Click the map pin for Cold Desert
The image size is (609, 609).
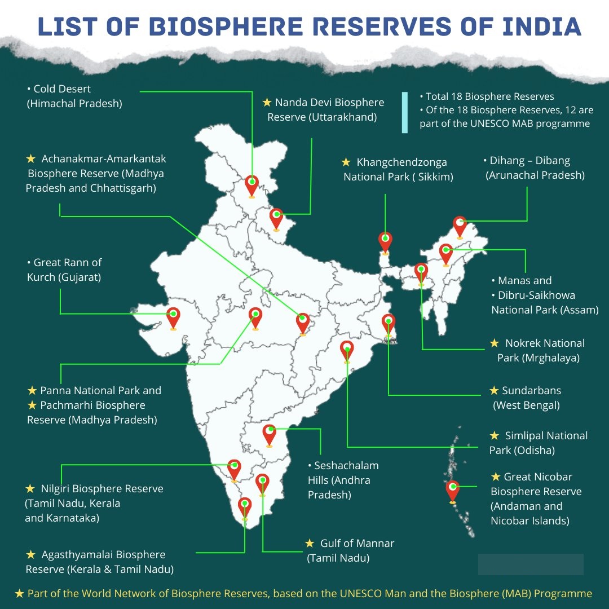[x=251, y=186]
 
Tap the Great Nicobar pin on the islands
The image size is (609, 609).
[x=452, y=491]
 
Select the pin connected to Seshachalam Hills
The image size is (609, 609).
[x=270, y=435]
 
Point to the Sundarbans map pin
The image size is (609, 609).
[x=388, y=325]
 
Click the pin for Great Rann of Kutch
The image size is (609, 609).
[x=173, y=317]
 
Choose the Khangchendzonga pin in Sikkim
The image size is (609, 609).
[x=385, y=242]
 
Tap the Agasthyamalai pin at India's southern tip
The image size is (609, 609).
[x=244, y=507]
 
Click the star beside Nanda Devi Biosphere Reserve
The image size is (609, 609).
[x=267, y=103]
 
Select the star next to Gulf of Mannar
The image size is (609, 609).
[x=310, y=543]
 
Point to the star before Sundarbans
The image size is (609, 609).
[x=494, y=390]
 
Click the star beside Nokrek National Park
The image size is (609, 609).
[x=495, y=343]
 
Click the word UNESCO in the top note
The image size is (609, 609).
[x=491, y=123]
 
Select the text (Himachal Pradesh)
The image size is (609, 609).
[x=74, y=104]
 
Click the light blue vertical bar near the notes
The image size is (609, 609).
[x=405, y=113]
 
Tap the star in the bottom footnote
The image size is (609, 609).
[x=20, y=593]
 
